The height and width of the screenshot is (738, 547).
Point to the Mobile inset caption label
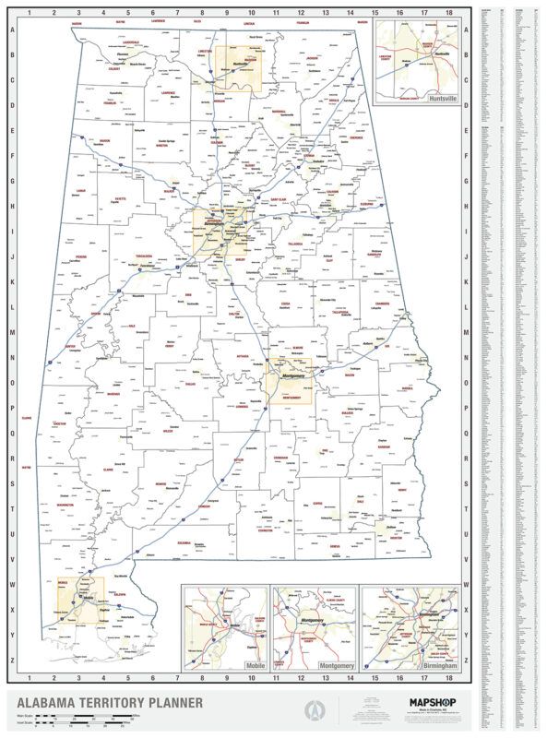255,664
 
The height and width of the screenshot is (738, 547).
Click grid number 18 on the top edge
448,13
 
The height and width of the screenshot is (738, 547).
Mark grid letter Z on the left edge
11,660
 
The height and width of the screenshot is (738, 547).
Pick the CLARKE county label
108,470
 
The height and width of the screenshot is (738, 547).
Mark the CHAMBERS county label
383,303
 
